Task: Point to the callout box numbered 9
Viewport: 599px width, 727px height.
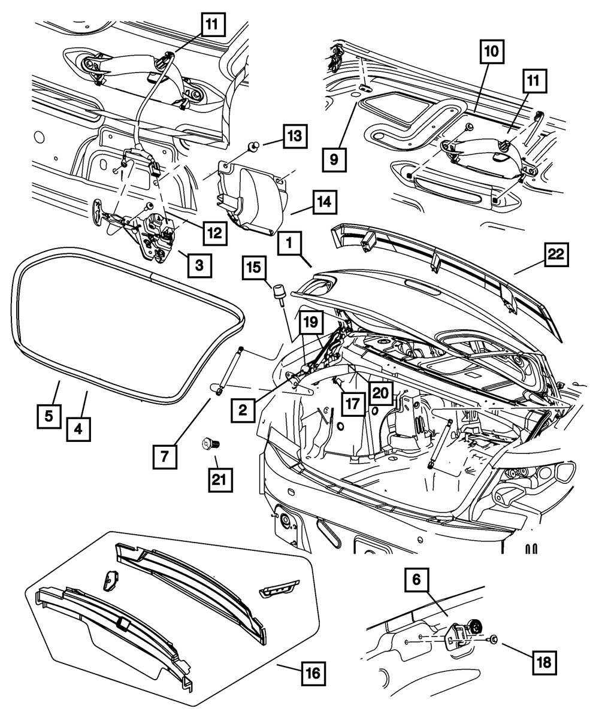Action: point(334,160)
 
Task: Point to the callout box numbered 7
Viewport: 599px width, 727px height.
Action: point(164,458)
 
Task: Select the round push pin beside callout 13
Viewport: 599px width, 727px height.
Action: point(254,144)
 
